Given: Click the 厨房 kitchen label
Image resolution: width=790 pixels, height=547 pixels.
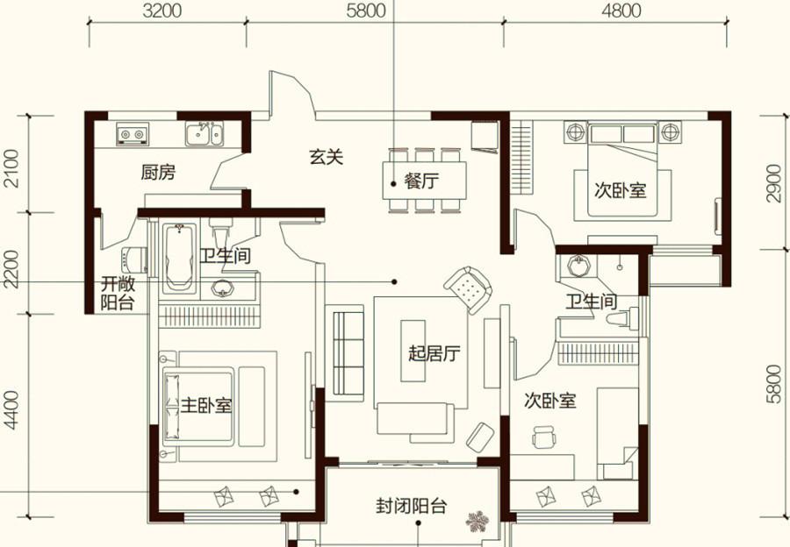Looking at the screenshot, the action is coord(158,173).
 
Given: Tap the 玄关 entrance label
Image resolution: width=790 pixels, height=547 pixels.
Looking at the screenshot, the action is coord(326,157).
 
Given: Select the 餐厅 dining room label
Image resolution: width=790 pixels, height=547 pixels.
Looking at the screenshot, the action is coord(421,181).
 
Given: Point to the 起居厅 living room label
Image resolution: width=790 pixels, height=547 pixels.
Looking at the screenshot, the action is coord(434,353).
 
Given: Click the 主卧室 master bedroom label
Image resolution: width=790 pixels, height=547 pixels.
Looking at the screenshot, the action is coord(206,405).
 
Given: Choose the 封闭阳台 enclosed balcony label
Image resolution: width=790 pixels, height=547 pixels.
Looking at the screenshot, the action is coord(411,505).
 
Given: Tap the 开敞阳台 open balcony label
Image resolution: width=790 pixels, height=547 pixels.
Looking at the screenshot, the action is coord(118,293).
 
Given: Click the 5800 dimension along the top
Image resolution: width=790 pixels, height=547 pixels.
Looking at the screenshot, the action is coord(366,11).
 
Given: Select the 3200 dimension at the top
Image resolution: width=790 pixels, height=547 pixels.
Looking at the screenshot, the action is coord(162,11).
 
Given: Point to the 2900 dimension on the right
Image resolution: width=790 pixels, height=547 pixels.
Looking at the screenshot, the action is coord(774,183).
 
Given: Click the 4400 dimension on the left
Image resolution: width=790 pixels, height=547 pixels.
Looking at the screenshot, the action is coord(11,410).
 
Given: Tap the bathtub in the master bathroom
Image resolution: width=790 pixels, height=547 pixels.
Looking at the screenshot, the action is coord(179,258).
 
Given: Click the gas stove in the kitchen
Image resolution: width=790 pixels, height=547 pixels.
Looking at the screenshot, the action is coord(133,133).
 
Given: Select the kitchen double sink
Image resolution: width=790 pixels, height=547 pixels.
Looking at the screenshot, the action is coord(204,133).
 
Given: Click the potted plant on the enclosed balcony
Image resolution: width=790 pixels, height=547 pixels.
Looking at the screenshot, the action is coord(478,522).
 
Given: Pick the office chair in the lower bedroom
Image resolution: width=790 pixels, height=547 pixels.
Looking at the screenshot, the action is coord(544,437).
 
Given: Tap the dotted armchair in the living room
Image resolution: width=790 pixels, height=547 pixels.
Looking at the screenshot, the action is coord(468,290).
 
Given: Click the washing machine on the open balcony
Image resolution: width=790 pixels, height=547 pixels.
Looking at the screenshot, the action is coord(134,260).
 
